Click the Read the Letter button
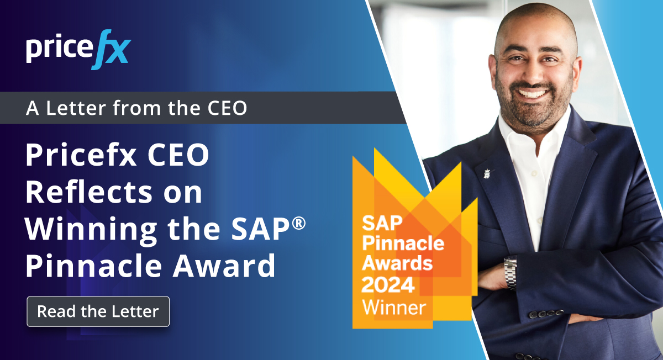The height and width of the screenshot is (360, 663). pos(98,311)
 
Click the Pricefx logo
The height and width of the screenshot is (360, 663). pos(78,52)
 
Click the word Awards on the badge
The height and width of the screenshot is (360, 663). pos(397,263)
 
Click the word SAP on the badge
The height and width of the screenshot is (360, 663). pos(379,223)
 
